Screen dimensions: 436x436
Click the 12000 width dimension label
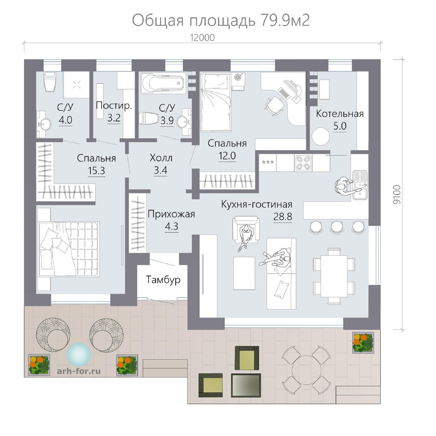click(202, 38)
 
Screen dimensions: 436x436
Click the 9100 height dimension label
click(397, 195)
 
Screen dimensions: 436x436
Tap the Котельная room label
click(340, 114)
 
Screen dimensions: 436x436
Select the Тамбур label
click(163, 280)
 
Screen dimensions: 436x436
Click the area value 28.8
click(283, 217)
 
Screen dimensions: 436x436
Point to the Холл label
click(161, 158)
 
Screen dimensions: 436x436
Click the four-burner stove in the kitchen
click(303, 163)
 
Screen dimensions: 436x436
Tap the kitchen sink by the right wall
click(360, 185)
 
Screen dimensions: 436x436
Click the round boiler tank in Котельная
click(320, 136)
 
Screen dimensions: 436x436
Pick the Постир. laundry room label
click(114, 106)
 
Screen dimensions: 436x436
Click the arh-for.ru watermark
click(79, 371)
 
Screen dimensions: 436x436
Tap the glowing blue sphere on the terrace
click(79, 354)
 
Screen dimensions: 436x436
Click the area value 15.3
click(96, 170)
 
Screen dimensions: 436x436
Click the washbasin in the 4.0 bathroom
click(44, 124)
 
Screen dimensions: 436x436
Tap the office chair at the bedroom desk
click(274, 106)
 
